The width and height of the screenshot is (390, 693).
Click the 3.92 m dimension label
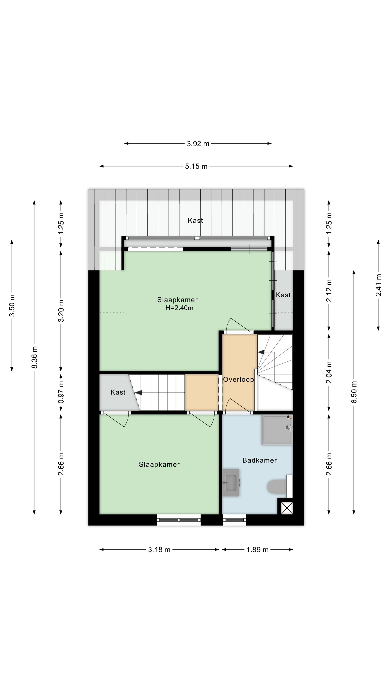pos(198,144)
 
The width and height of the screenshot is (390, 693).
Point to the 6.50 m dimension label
pos(354,392)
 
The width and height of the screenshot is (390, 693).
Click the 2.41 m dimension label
pos(378,285)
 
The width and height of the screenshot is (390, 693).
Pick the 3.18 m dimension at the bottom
pos(159,550)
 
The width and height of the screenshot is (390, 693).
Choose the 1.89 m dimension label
pos(257,550)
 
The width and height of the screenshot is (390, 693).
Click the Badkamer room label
pos(259,460)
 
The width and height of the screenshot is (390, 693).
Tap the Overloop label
pos(238,379)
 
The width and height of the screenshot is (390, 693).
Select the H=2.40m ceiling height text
pos(179,308)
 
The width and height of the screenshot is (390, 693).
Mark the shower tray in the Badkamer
pos(277,430)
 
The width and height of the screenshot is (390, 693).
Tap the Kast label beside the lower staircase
pos(118,392)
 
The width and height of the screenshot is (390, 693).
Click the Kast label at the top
pos(195,220)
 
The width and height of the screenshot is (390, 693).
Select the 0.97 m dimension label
pos(61,392)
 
